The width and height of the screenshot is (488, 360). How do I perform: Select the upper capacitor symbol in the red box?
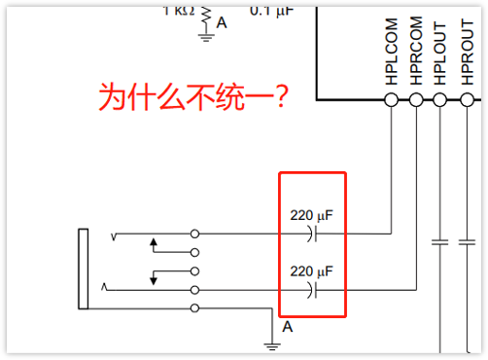click(x=312, y=234)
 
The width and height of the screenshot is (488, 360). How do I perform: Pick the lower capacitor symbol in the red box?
click(x=312, y=290)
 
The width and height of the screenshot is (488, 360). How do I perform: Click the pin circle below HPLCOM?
click(x=393, y=100)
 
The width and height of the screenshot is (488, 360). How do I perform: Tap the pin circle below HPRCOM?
click(x=416, y=100)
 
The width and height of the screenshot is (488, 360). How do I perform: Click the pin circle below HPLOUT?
click(x=440, y=100)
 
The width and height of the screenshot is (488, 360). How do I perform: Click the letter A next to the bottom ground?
click(x=288, y=328)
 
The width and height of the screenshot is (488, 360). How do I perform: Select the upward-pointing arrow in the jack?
click(x=153, y=243)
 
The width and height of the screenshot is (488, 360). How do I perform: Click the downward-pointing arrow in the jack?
click(x=153, y=278)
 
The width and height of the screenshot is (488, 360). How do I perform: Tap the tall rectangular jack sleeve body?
click(x=84, y=268)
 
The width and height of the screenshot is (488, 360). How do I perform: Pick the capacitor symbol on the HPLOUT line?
click(x=440, y=241)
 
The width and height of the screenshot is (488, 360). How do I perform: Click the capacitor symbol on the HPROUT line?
click(x=466, y=241)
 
